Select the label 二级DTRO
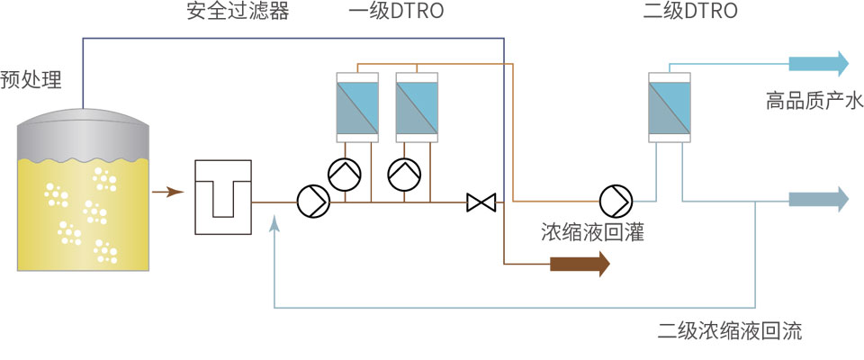click(x=691, y=12)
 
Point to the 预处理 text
click(x=31, y=80)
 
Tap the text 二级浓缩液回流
click(x=730, y=331)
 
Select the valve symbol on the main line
click(x=481, y=202)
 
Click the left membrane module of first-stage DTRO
click(x=359, y=107)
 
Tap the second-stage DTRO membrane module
click(x=670, y=106)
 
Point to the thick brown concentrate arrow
click(x=580, y=264)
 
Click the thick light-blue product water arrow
click(x=818, y=63)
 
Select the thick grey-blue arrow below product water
click(x=818, y=200)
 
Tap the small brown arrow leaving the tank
click(x=168, y=191)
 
